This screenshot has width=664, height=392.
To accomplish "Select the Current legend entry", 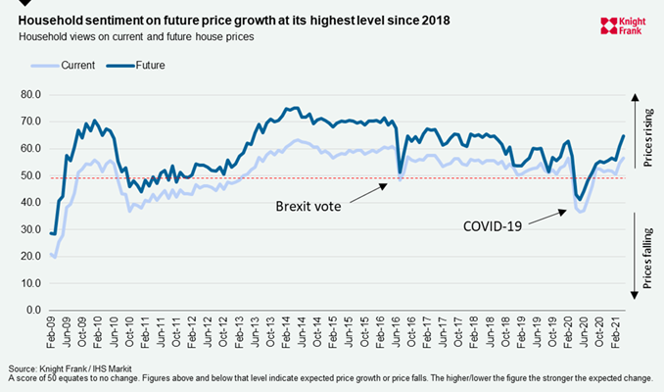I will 77,66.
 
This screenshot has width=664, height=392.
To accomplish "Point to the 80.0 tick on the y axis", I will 32,95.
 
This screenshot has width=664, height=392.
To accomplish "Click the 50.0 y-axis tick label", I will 32,176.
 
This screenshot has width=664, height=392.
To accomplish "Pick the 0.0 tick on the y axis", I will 35,311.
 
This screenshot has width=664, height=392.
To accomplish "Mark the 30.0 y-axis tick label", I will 32,230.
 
